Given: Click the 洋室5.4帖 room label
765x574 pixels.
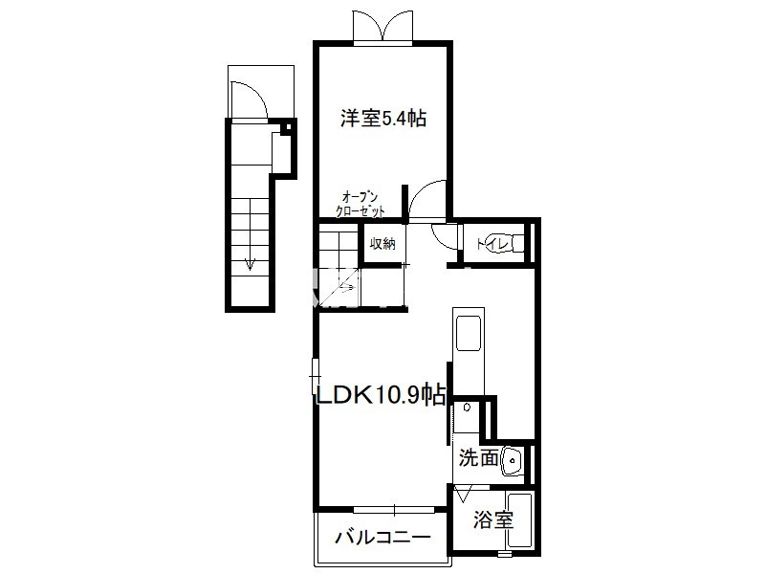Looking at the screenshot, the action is [383, 118].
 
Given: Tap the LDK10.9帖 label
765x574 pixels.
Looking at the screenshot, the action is [381, 394].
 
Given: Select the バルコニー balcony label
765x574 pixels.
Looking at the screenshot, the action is [383, 538].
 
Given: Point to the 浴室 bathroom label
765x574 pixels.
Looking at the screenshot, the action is [493, 519].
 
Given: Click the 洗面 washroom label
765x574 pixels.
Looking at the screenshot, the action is [479, 458].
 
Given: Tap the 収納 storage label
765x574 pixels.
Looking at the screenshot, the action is [382, 244].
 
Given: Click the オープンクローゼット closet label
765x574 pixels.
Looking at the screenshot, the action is [361, 205].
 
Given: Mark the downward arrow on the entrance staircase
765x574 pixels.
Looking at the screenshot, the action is [250, 233].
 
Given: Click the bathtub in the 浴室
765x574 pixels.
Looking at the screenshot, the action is [519, 520].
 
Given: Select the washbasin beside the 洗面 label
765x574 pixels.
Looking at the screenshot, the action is [512, 460].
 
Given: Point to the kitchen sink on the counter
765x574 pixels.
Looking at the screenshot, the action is [469, 333].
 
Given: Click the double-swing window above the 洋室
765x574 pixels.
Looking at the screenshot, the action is [383, 27].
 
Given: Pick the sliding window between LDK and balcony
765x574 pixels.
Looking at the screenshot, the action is [394, 510].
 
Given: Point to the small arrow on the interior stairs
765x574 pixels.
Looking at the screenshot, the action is [347, 287].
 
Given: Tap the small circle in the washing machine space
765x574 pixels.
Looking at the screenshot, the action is [467, 408].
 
